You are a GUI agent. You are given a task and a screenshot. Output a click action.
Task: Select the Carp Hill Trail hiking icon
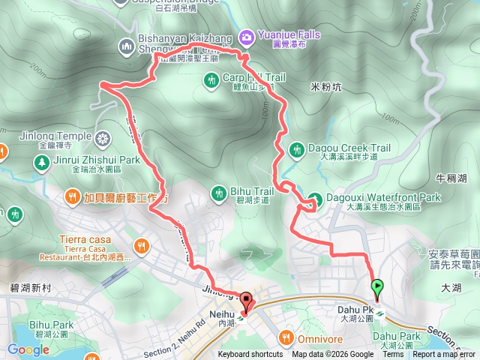212,78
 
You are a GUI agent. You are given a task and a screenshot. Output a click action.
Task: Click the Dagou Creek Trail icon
297,149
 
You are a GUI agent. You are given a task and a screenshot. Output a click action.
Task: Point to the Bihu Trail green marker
219,192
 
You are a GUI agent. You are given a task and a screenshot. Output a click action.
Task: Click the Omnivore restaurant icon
286,336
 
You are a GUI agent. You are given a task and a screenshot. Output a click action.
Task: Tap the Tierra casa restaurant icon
141,246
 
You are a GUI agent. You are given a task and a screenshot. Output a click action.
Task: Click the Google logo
28,349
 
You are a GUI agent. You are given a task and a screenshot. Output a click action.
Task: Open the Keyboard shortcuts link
250,355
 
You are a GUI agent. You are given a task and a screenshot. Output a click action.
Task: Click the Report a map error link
445,355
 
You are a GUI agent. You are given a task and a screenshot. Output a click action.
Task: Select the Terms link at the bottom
393,355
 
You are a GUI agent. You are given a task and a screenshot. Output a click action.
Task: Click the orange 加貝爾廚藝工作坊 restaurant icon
72,198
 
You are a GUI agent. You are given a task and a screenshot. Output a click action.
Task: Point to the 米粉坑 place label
325,87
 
